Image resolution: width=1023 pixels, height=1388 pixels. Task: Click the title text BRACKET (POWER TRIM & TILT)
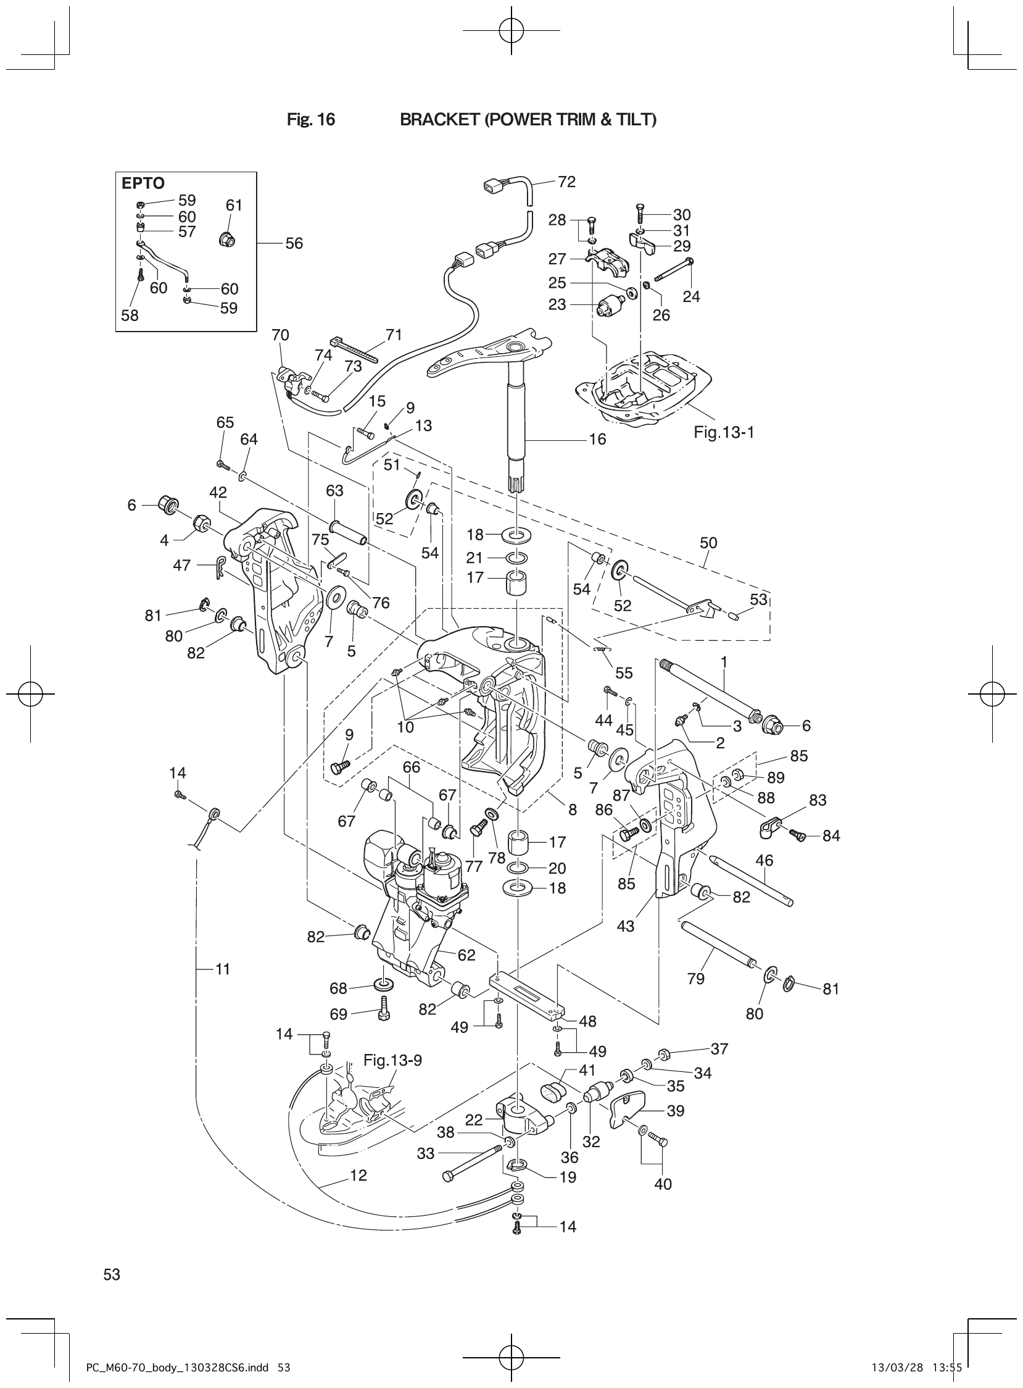[528, 120]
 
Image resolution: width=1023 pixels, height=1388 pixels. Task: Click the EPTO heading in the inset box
[143, 183]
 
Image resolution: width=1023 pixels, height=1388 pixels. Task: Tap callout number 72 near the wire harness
[566, 182]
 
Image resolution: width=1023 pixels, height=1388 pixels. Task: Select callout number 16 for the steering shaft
[597, 440]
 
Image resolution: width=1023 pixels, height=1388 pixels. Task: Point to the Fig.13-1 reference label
[723, 432]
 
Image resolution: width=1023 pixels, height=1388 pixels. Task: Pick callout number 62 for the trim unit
[466, 955]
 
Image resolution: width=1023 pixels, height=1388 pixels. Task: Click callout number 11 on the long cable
[222, 969]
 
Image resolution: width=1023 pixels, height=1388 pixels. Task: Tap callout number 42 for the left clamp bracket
[218, 493]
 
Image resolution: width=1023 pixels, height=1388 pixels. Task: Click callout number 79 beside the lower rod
[696, 979]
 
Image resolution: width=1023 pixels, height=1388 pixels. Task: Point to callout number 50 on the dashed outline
[708, 543]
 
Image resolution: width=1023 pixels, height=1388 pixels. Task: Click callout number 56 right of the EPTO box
[294, 243]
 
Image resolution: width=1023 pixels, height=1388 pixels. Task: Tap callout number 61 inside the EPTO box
[233, 205]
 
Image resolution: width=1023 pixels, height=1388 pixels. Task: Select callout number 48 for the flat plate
[587, 1021]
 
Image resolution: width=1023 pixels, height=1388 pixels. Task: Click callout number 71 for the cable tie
[394, 335]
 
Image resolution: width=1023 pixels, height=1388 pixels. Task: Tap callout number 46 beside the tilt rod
[764, 860]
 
